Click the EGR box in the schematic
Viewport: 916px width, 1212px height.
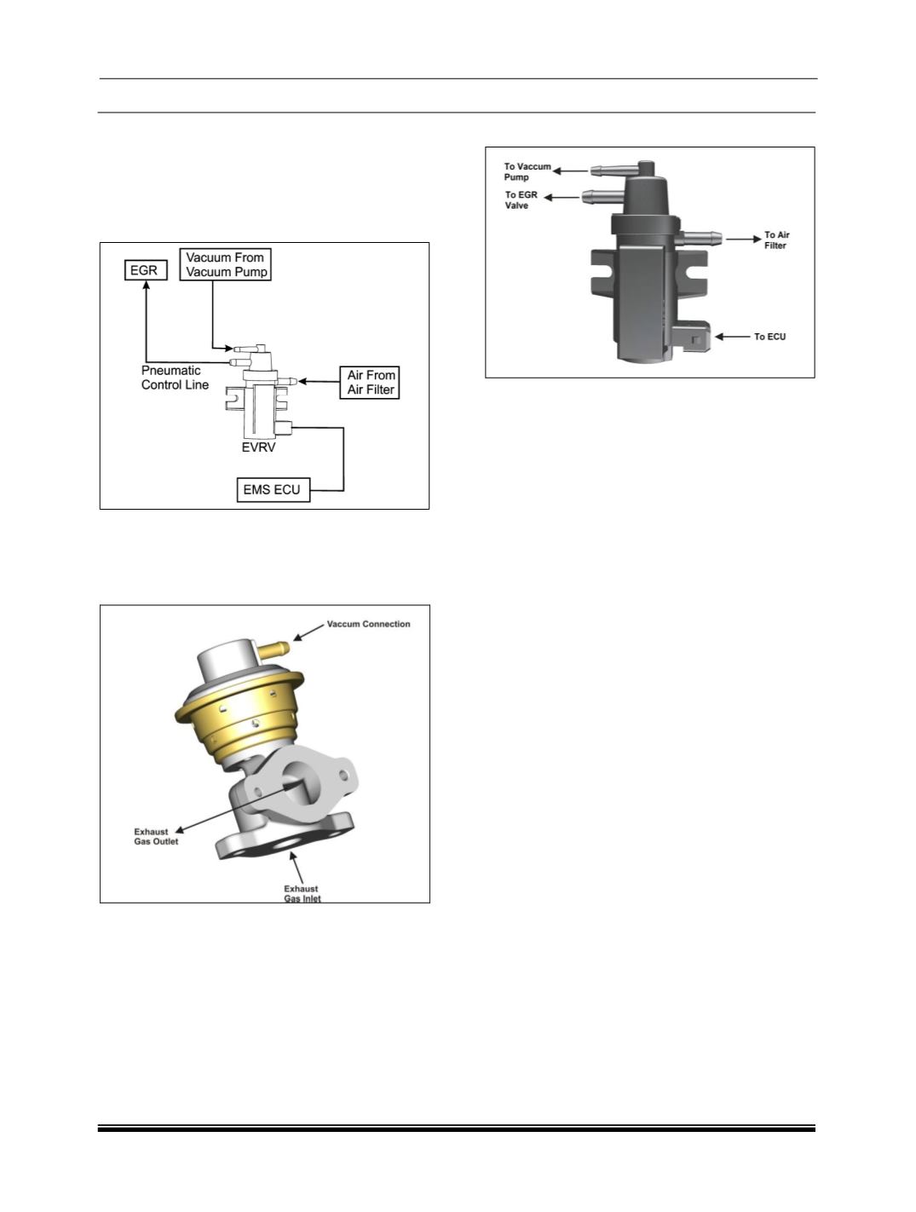click(x=143, y=270)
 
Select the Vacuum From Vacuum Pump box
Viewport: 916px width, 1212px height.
click(x=226, y=264)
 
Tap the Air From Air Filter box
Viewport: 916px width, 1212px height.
click(x=371, y=382)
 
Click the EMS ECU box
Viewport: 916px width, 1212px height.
click(x=273, y=489)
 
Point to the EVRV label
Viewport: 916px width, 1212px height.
click(x=259, y=447)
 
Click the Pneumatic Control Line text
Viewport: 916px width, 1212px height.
click(x=175, y=378)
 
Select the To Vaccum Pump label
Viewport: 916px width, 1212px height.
click(x=527, y=171)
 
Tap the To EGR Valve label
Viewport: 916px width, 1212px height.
click(x=521, y=199)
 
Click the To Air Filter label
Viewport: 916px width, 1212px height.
click(x=776, y=240)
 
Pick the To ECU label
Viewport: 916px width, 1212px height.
click(x=769, y=337)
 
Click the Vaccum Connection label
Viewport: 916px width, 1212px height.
click(x=368, y=624)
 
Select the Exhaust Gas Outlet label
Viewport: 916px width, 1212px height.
click(x=156, y=836)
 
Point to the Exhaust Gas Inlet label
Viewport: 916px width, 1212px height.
click(x=302, y=893)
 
